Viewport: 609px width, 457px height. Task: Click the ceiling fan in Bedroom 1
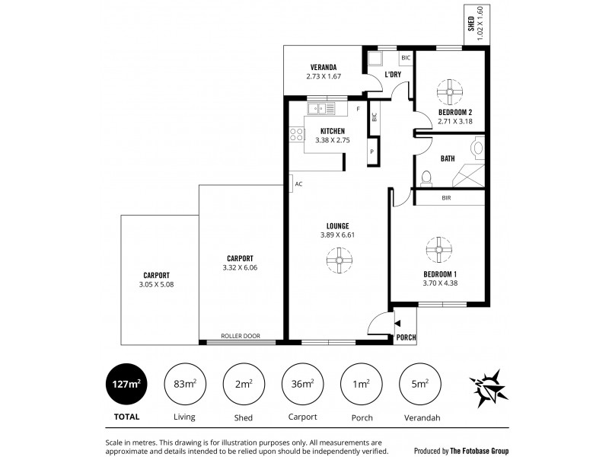coord(439,247)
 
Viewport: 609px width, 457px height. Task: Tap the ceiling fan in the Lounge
coord(338,262)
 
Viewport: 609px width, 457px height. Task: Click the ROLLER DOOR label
coord(241,335)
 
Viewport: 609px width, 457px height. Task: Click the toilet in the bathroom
coord(426,178)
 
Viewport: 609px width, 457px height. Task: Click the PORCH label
coord(407,337)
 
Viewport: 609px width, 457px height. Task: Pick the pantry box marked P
coord(372,152)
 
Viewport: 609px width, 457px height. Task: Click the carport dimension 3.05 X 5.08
coord(156,285)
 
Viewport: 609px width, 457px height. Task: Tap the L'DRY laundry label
coord(393,75)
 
